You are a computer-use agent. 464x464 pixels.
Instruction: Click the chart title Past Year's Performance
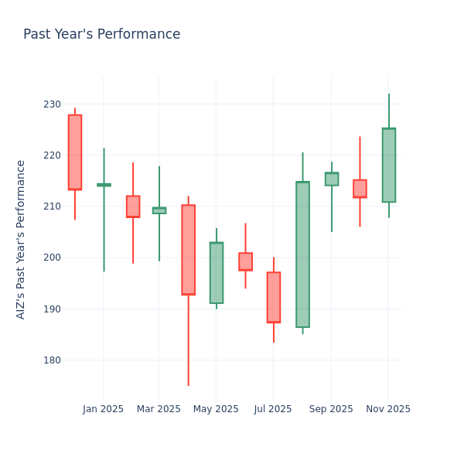pyautogui.click(x=101, y=35)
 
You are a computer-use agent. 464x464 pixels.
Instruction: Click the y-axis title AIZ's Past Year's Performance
pyautogui.click(x=21, y=239)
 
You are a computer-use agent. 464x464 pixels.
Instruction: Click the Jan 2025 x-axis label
pyautogui.click(x=103, y=409)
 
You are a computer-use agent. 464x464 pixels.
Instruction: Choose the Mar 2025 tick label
pyautogui.click(x=159, y=409)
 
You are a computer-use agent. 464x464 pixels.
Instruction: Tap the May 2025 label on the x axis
pyautogui.click(x=216, y=409)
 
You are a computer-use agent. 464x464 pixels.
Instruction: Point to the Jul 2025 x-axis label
pyautogui.click(x=273, y=409)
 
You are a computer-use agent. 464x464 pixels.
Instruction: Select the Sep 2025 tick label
pyautogui.click(x=331, y=409)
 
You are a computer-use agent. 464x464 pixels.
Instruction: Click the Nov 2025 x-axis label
pyautogui.click(x=388, y=409)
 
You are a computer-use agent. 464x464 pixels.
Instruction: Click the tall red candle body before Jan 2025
pyautogui.click(x=75, y=152)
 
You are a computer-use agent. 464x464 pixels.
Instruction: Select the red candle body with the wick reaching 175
pyautogui.click(x=188, y=250)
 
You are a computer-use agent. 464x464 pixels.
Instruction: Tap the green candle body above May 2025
pyautogui.click(x=217, y=273)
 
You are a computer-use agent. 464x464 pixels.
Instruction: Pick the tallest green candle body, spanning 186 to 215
pyautogui.click(x=302, y=254)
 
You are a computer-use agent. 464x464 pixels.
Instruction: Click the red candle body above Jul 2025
pyautogui.click(x=274, y=297)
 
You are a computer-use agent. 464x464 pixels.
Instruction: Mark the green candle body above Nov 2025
pyautogui.click(x=389, y=165)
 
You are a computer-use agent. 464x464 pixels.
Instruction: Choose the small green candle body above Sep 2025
pyautogui.click(x=332, y=179)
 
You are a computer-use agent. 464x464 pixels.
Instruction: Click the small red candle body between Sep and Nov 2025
pyautogui.click(x=360, y=189)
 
